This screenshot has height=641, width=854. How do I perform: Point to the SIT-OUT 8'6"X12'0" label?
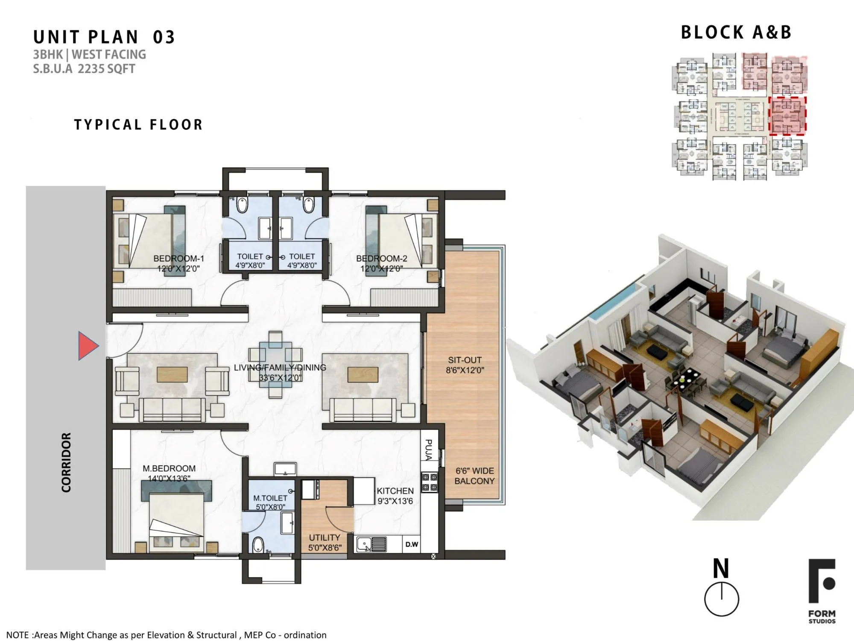coord(465,365)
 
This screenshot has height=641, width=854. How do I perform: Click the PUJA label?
coord(429,450)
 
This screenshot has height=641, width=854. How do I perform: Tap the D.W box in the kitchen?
coord(412,544)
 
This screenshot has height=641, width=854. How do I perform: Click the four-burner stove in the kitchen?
coord(429,482)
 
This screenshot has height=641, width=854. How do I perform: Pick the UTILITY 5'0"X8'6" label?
coord(325,542)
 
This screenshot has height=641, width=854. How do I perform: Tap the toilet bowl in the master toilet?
coord(258,545)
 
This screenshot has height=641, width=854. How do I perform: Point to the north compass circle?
coord(721,599)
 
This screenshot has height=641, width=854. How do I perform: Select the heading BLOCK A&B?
coord(736,32)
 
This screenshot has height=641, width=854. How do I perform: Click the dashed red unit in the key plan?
coord(787,116)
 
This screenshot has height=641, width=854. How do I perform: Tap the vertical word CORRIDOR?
coord(66,462)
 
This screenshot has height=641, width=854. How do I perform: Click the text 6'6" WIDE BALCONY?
coord(474,476)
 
